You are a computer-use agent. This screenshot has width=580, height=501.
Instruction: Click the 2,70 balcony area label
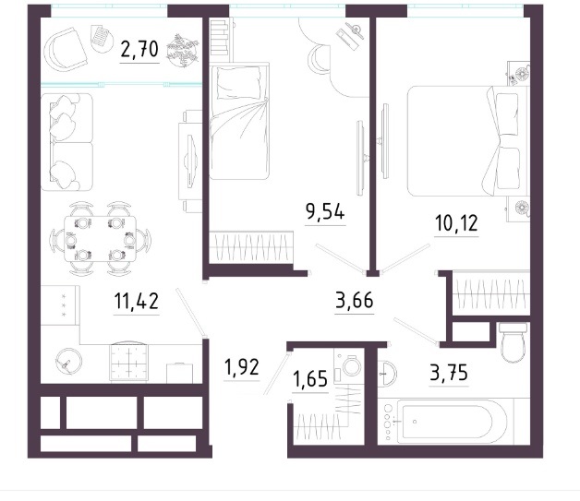139,50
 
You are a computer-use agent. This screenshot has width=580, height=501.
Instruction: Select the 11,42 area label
137,301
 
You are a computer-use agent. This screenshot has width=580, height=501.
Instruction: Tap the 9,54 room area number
325,211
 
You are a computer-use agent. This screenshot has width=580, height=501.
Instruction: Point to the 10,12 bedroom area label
456,223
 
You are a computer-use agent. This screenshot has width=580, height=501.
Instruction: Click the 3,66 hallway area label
355,300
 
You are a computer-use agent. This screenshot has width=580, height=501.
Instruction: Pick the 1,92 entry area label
242,367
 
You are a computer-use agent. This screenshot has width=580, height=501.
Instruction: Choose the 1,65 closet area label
310,379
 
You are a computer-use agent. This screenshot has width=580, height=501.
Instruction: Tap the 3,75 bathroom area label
449,373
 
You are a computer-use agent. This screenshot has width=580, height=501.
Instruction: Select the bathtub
447,422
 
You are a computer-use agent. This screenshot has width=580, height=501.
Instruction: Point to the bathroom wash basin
387,373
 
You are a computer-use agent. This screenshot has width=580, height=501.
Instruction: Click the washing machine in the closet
348,366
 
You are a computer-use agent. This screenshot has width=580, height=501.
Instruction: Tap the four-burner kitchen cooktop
128,362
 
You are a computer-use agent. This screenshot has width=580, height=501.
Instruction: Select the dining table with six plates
101,239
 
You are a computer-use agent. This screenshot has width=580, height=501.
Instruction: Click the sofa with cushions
66,142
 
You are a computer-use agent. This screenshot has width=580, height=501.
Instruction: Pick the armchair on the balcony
65,50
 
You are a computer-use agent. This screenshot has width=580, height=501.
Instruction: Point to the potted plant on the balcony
183,51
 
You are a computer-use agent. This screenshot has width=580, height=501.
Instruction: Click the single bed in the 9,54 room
239,121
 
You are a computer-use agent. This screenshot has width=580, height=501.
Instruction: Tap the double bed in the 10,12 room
468,141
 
